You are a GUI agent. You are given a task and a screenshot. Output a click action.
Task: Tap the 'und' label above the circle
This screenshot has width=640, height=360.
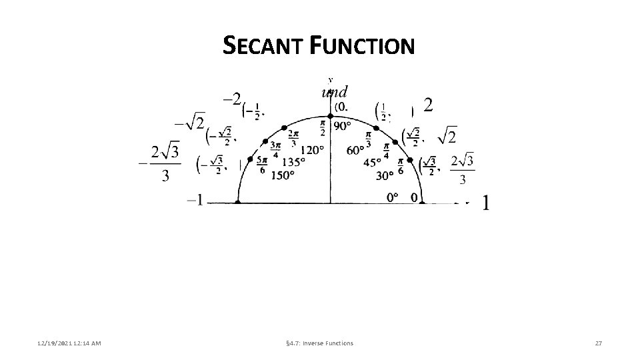point(335,92)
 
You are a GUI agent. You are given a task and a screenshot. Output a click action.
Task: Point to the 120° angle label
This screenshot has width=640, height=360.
point(313,149)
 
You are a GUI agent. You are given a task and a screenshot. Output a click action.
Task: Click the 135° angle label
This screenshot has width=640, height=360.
point(293,162)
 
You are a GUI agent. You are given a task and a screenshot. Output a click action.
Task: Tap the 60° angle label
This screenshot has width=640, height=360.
point(355,149)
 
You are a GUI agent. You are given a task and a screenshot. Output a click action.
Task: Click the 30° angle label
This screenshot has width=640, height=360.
point(385,175)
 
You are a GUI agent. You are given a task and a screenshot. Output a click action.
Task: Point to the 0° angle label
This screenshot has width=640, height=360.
point(393,197)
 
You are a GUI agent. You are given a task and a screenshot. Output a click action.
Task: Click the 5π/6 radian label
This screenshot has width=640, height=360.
point(262,165)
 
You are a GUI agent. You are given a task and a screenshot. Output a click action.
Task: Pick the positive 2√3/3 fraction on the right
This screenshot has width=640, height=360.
point(463,169)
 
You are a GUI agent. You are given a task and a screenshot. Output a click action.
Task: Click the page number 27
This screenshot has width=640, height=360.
point(598,343)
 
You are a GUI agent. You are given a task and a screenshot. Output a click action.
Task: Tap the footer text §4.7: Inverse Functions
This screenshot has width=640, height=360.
point(319,343)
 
